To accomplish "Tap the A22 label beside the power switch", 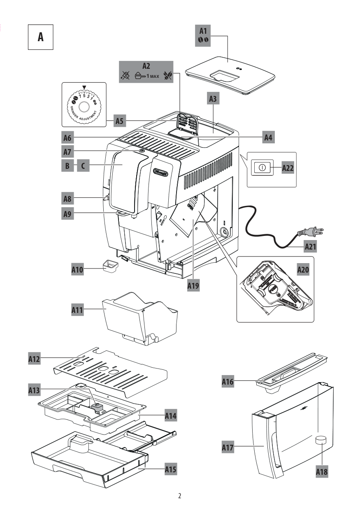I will click(288, 168).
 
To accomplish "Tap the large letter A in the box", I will click(40, 37).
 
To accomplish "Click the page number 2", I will click(180, 496).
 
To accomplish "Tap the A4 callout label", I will click(269, 137).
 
